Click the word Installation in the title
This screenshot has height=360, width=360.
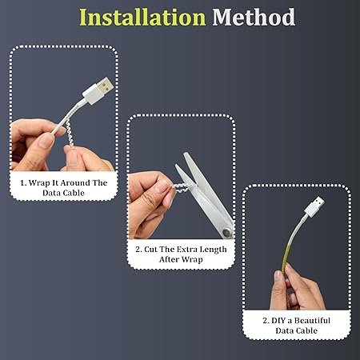pyautogui.click(x=142, y=18)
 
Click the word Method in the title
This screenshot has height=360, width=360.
pyautogui.click(x=254, y=18)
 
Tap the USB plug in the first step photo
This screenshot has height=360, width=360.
pyautogui.click(x=98, y=90)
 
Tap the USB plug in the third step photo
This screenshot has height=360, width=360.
pyautogui.click(x=314, y=207)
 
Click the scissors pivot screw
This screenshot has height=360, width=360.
pyautogui.click(x=227, y=232)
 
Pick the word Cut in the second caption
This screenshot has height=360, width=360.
pyautogui.click(x=150, y=250)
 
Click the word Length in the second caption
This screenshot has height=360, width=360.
pyautogui.click(x=213, y=250)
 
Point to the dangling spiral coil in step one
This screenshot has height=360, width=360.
pyautogui.click(x=70, y=133)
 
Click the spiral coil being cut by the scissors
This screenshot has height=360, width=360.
pyautogui.click(x=182, y=187)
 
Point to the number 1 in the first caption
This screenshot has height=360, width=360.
pyautogui.click(x=22, y=183)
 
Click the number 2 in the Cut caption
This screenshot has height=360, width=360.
pyautogui.click(x=138, y=250)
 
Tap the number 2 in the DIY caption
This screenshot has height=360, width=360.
pyautogui.click(x=266, y=321)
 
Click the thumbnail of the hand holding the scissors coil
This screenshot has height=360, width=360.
pyautogui.click(x=182, y=192)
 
